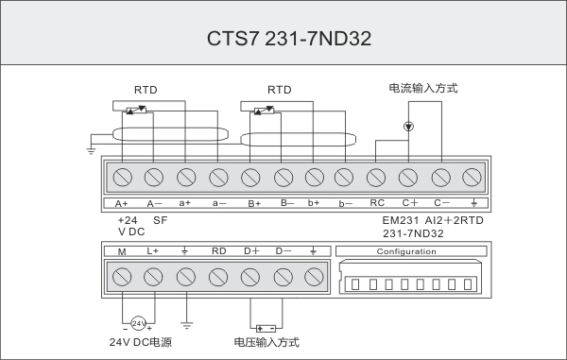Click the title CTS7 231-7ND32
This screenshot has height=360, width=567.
(x=289, y=39)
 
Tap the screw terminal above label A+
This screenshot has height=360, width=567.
(x=123, y=177)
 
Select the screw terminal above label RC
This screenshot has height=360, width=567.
(x=376, y=178)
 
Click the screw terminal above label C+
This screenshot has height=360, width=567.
(x=408, y=178)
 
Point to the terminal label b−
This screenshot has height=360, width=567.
(x=345, y=204)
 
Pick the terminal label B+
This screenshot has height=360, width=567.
(x=254, y=204)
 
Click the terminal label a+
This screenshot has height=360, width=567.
(x=185, y=203)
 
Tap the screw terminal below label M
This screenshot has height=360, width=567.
(x=122, y=277)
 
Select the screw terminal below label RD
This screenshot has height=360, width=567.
(x=218, y=277)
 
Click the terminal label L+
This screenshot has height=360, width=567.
(x=152, y=250)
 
